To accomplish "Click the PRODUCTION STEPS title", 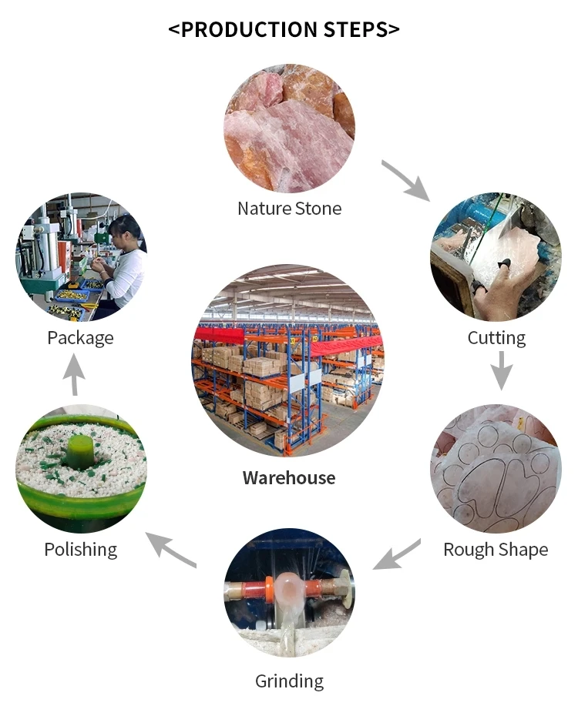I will [284, 29].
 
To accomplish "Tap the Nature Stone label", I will [289, 208].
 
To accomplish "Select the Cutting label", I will [496, 337].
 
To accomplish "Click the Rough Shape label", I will [496, 549].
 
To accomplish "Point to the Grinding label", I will [289, 681].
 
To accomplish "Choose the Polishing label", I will [81, 549].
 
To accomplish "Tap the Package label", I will [80, 337].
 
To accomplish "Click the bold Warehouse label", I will [289, 477].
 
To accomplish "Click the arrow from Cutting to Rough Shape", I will [502, 370].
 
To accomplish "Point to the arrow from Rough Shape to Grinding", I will [397, 554].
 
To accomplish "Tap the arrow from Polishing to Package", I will [74, 377].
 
